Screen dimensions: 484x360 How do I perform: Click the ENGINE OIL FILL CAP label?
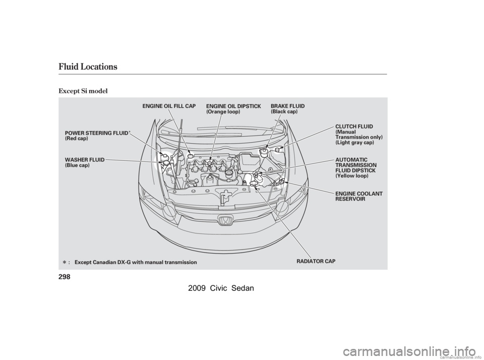[169, 106]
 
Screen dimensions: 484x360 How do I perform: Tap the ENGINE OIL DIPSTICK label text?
[233, 106]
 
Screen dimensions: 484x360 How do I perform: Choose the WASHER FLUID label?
[85, 160]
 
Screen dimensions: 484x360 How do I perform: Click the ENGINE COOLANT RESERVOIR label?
[358, 196]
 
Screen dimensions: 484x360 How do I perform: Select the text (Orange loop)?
[223, 111]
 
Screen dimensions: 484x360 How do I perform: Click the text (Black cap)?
[284, 111]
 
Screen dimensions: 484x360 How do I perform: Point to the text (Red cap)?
[77, 138]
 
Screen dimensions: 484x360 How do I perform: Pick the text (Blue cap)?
[78, 165]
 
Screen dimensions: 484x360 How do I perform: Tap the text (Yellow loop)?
[352, 176]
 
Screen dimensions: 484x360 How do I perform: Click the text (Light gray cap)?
[354, 143]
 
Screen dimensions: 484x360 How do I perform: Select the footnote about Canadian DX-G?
[135, 262]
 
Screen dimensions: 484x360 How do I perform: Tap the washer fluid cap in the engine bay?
[163, 162]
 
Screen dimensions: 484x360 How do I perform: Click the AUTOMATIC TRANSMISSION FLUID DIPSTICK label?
[355, 165]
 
